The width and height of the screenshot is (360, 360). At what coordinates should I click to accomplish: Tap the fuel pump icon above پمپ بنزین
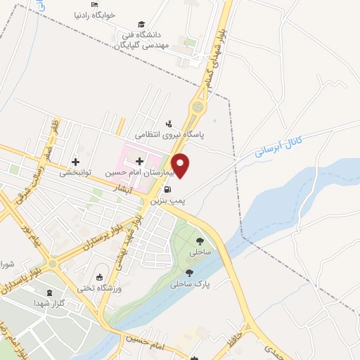(167, 189)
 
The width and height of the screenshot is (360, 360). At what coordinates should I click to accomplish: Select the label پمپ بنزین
(167, 201)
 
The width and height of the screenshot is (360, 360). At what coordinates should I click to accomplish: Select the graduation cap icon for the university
(143, 24)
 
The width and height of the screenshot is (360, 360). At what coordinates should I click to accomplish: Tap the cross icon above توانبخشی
(76, 162)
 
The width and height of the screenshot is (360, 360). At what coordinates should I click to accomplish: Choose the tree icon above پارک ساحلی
(188, 273)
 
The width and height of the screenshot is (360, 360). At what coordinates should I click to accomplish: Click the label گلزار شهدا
(49, 303)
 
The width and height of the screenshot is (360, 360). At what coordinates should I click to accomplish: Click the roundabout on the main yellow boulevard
(198, 108)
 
